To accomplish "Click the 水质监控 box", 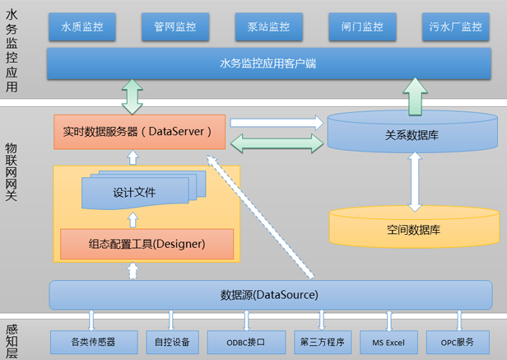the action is pyautogui.click(x=82, y=26).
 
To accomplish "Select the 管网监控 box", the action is pyautogui.click(x=175, y=26).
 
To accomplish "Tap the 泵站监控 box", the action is pyautogui.click(x=268, y=26).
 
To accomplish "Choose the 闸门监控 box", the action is pyautogui.click(x=362, y=26).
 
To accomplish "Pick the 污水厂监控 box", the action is pyautogui.click(x=456, y=26).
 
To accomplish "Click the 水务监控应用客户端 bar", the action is pyautogui.click(x=269, y=63).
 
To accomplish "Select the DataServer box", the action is pyautogui.click(x=139, y=132).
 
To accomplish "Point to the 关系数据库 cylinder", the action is pyautogui.click(x=412, y=132).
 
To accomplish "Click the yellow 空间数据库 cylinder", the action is pyautogui.click(x=414, y=227).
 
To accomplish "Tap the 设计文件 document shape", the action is pyautogui.click(x=143, y=190).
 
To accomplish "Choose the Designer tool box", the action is pyautogui.click(x=147, y=244).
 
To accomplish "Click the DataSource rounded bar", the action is pyautogui.click(x=271, y=295).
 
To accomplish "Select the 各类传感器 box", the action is pyautogui.click(x=94, y=342).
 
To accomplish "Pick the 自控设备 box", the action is pyautogui.click(x=172, y=342).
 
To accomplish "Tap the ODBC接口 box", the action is pyautogui.click(x=246, y=342).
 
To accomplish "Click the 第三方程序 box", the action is pyautogui.click(x=323, y=342).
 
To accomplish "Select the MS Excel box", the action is pyautogui.click(x=388, y=342).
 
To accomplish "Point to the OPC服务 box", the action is pyautogui.click(x=458, y=342).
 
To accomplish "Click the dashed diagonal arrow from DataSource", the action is pyautogui.click(x=260, y=217).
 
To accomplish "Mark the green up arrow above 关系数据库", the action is pyautogui.click(x=415, y=96).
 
